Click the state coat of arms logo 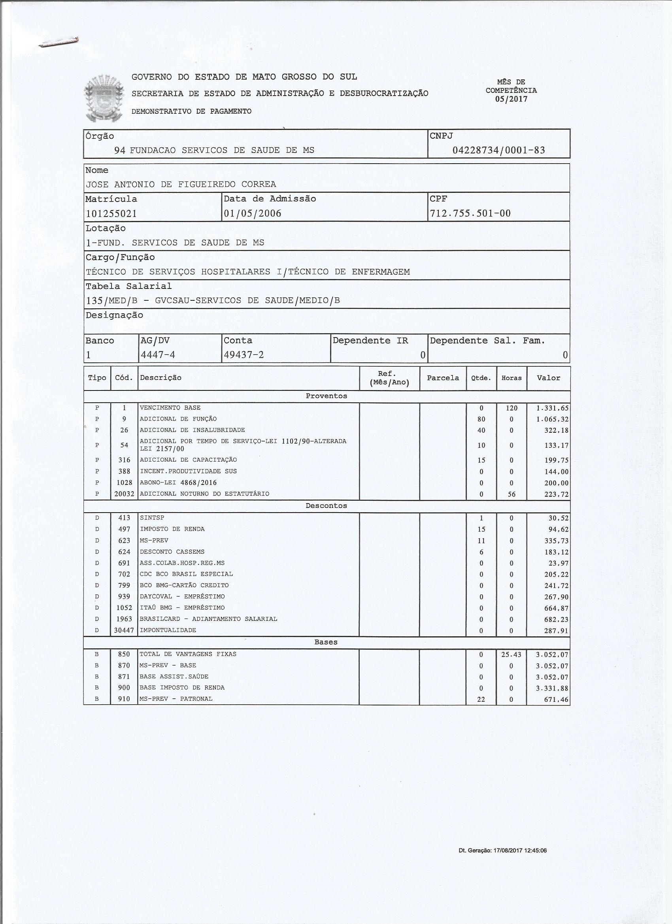pyautogui.click(x=104, y=98)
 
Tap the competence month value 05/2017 pyautogui.click(x=511, y=99)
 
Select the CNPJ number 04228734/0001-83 pyautogui.click(x=498, y=150)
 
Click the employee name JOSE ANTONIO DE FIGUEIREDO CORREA pyautogui.click(x=181, y=184)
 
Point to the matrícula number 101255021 pyautogui.click(x=111, y=213)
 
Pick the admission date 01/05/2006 pyautogui.click(x=252, y=213)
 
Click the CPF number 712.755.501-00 pyautogui.click(x=470, y=213)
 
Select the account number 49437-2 pyautogui.click(x=244, y=355)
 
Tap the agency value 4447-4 pyautogui.click(x=158, y=355)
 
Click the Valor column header pyautogui.click(x=548, y=378)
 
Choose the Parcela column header pyautogui.click(x=443, y=378)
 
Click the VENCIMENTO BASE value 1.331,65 pyautogui.click(x=552, y=408)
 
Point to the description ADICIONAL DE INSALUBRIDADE pyautogui.click(x=192, y=430)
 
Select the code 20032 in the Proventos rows pyautogui.click(x=124, y=494)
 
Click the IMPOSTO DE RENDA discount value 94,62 pyautogui.click(x=558, y=529)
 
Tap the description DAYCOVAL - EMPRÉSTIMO pyautogui.click(x=182, y=596)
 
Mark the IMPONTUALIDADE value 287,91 pyautogui.click(x=557, y=630)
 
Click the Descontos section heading pyautogui.click(x=326, y=505)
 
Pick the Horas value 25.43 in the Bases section pyautogui.click(x=512, y=654)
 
